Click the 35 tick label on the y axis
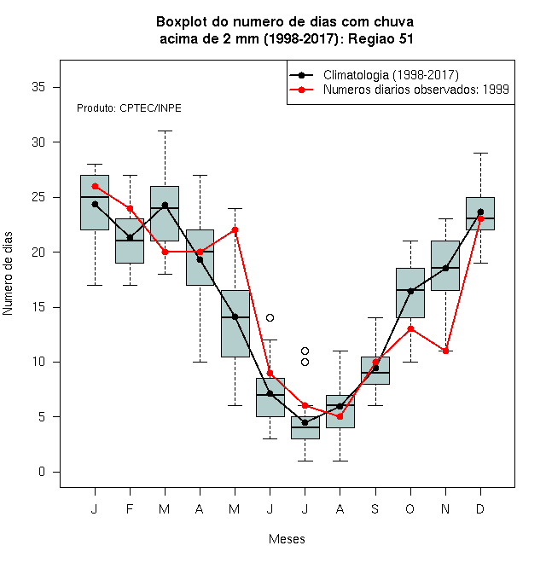[38, 87]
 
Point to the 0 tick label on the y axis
[42, 472]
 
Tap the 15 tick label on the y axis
[38, 307]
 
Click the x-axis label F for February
[130, 508]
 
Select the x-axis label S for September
[375, 508]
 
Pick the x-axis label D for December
[480, 508]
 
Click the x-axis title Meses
[287, 539]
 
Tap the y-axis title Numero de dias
[8, 274]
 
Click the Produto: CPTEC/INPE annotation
[129, 108]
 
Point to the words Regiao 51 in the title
[380, 38]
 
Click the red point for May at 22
[235, 229]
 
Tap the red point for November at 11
[445, 351]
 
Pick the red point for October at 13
[410, 329]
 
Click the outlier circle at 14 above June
[270, 318]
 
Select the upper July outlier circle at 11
[305, 351]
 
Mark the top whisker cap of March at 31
[165, 131]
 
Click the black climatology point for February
[130, 238]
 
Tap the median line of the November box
[445, 268]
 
